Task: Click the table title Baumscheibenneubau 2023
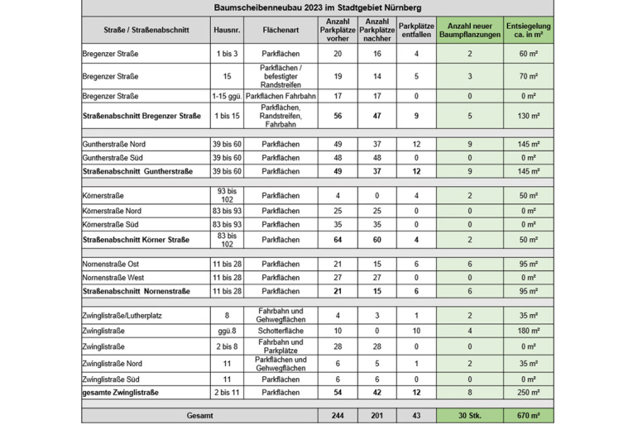pos(317,8)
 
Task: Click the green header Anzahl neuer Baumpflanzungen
pos(469,30)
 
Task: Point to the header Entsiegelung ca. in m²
pos(529,30)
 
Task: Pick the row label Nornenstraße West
pos(113,278)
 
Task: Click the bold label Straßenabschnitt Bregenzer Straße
pos(141,116)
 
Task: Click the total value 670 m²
pos(529,415)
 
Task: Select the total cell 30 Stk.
pos(469,415)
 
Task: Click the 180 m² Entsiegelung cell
pos(529,331)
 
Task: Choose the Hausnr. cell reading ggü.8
pos(226,331)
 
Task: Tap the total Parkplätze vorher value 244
pos(337,415)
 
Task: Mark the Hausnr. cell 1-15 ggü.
pos(226,96)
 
